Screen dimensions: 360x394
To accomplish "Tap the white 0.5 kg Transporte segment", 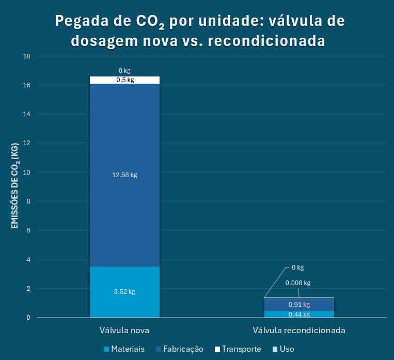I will tap(124, 80).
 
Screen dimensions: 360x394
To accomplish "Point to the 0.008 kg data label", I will tap(298, 283).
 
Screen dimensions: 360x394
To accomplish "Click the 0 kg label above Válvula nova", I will tap(124, 70).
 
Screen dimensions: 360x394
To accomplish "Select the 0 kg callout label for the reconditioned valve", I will tap(297, 268).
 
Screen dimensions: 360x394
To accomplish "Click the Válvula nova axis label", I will tap(124, 330).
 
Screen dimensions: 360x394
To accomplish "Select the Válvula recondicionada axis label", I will tap(299, 330).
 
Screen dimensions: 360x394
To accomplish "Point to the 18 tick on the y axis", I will tap(28, 56).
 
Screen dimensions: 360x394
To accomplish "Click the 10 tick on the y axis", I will tap(28, 172).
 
